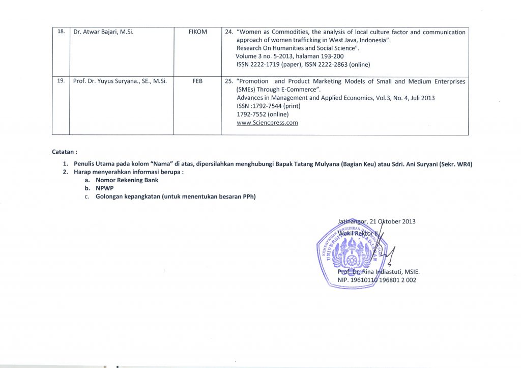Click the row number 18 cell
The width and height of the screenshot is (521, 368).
(61, 32)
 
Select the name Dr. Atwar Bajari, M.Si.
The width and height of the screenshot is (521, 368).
(104, 32)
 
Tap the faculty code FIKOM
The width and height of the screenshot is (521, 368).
(197, 32)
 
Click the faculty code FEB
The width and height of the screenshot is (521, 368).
(197, 81)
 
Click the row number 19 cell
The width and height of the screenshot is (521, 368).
(61, 81)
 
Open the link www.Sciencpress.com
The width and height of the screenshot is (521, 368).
(267, 123)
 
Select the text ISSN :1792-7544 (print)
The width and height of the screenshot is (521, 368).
(269, 106)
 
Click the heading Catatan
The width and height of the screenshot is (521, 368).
(65, 152)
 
